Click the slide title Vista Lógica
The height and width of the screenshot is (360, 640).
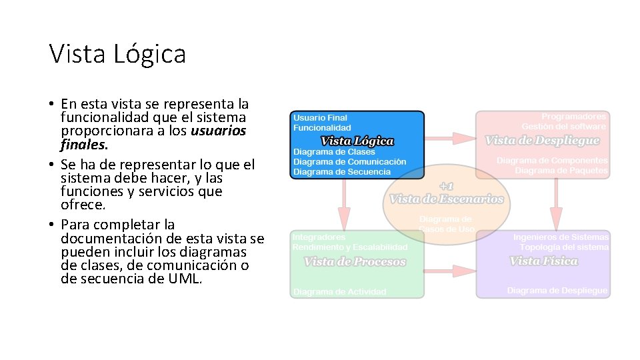pyautogui.click(x=117, y=54)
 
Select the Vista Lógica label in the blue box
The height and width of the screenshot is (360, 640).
pyautogui.click(x=357, y=141)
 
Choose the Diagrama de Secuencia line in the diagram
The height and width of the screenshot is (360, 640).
pyautogui.click(x=341, y=171)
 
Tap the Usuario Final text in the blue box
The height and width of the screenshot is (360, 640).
pyautogui.click(x=320, y=118)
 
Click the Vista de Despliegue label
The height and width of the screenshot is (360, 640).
pyautogui.click(x=542, y=140)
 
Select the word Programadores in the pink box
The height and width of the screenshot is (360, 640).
pyautogui.click(x=573, y=117)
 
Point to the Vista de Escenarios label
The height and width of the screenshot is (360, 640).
pyautogui.click(x=446, y=199)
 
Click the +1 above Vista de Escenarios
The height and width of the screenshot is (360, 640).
pyautogui.click(x=446, y=187)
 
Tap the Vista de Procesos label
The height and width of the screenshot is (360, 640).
pyautogui.click(x=355, y=261)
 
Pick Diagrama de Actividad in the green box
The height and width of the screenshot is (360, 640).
pyautogui.click(x=340, y=291)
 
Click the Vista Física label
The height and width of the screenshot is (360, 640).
pyautogui.click(x=543, y=261)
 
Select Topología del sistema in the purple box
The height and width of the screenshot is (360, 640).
pyautogui.click(x=564, y=247)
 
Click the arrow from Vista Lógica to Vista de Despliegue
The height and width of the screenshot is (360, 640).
pyautogui.click(x=449, y=138)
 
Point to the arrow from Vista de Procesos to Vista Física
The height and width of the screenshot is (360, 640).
pyautogui.click(x=449, y=271)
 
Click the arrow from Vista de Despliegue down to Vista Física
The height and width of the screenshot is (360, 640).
pyautogui.click(x=555, y=203)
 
